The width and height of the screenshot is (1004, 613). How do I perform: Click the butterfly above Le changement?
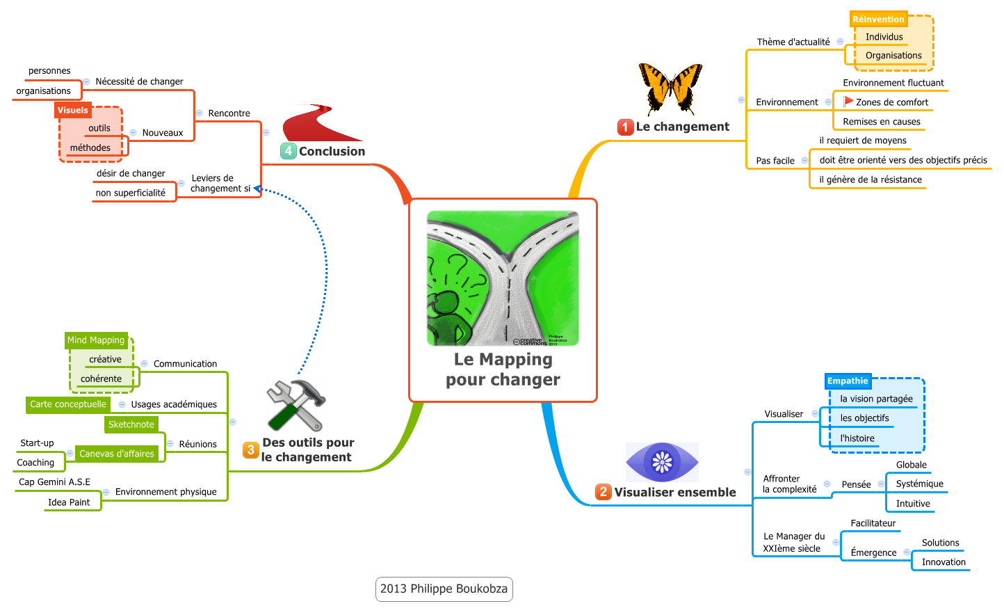670,88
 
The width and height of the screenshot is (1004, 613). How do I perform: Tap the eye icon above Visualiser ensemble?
662,462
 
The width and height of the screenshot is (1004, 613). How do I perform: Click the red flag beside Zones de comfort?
848,102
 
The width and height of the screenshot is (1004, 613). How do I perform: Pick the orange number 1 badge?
625,127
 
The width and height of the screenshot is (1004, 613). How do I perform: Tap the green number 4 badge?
289,151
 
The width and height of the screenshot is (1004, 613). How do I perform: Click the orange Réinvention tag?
878,19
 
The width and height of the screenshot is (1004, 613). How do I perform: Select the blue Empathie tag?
848,381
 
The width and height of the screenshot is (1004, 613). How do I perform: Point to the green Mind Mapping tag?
96,340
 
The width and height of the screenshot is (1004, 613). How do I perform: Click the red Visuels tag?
73,110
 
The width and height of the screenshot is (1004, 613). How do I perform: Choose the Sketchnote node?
131,424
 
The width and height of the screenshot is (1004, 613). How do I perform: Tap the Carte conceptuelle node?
68,404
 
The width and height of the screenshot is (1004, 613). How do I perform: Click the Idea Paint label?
69,502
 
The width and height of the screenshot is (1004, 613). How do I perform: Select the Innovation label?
944,562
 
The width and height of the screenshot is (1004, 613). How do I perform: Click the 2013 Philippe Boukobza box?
444,589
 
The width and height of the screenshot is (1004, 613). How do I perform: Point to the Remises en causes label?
882,122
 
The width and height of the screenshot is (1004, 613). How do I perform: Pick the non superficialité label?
131,193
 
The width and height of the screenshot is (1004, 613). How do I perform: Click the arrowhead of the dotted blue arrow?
257,189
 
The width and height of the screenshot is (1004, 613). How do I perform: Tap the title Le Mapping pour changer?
503,369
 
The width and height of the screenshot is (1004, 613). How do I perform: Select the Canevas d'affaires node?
117,454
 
